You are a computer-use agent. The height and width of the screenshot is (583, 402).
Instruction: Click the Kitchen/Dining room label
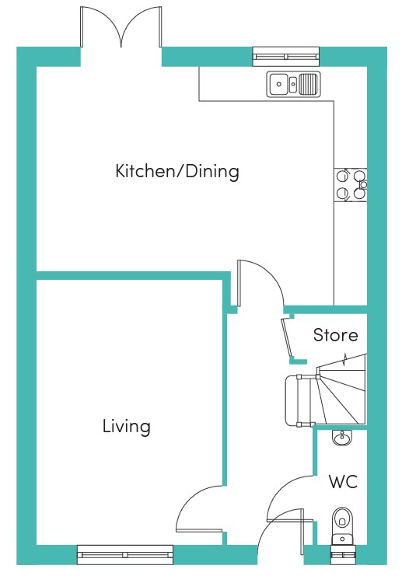177,171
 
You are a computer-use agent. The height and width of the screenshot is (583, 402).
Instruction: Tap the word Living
127,426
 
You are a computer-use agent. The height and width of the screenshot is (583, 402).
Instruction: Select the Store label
335,335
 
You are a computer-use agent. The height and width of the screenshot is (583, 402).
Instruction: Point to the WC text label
343,481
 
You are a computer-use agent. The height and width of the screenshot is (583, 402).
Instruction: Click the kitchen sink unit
293,84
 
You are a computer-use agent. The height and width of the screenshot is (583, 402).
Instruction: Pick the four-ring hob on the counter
351,185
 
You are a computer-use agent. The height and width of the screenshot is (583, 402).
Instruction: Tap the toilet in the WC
342,525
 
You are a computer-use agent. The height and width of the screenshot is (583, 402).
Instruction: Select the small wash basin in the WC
341,438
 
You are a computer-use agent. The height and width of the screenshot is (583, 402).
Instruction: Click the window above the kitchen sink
286,57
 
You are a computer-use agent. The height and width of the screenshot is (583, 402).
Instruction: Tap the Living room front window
125,555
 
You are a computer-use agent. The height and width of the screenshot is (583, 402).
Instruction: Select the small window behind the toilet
342,555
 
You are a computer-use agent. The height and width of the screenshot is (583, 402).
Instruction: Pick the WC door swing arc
281,488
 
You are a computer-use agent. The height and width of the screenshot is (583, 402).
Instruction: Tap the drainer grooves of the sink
308,84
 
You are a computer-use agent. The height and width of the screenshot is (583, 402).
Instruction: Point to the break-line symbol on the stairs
345,359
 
